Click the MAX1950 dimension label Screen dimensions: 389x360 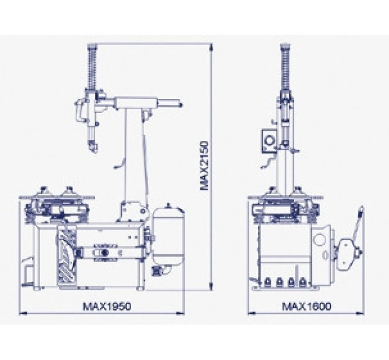point(107,306)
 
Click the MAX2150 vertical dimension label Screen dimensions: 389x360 point(204,166)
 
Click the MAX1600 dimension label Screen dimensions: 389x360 point(307,306)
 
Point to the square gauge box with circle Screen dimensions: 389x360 point(269,141)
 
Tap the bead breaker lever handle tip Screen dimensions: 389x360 point(362,208)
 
